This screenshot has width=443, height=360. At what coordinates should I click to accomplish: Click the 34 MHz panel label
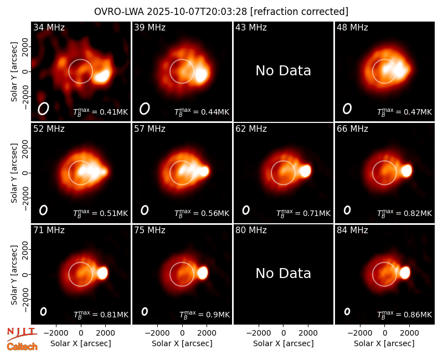[49, 27]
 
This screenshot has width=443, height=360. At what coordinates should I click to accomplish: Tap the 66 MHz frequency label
[352, 129]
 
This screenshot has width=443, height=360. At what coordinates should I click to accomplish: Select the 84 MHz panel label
[352, 230]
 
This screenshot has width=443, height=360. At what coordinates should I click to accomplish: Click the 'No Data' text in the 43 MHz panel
[284, 71]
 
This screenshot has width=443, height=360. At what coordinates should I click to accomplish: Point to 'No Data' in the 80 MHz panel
[284, 274]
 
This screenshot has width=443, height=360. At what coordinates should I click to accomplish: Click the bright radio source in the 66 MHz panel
[406, 171]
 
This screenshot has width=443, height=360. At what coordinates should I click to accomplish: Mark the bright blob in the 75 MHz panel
[203, 273]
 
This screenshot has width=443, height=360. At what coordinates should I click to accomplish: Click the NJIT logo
[22, 334]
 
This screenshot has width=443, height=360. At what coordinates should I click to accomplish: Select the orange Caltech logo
[22, 347]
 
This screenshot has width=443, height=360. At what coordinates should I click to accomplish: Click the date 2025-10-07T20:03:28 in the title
[197, 12]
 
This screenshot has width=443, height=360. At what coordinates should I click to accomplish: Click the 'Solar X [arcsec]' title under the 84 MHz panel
[384, 343]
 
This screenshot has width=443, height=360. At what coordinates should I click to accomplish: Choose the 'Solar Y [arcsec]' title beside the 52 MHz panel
[14, 173]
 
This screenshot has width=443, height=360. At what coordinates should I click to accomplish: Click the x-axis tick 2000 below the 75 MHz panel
[207, 333]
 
